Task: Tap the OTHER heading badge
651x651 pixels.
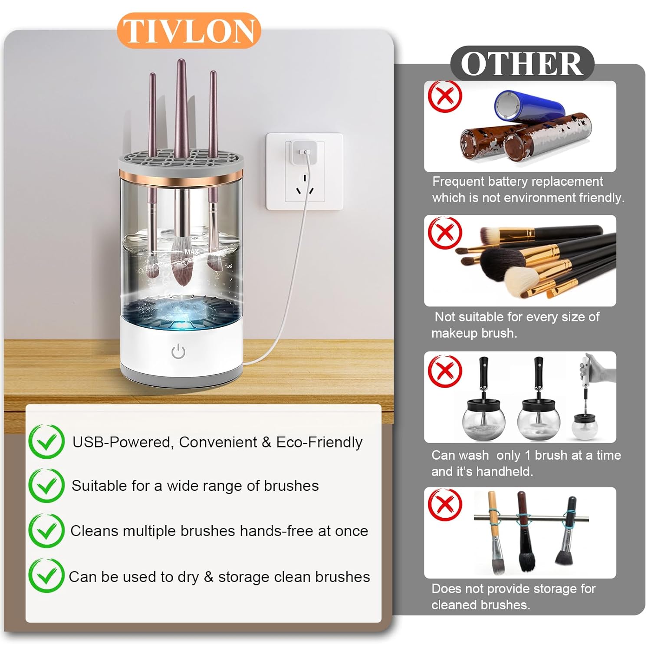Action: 522,63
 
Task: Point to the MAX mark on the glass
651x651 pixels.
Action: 191,252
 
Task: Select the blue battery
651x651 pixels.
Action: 529,106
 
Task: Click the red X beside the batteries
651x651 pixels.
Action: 445,96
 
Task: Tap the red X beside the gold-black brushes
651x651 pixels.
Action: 445,233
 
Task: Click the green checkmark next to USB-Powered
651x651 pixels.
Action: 46,441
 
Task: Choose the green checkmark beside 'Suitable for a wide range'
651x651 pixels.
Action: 46,486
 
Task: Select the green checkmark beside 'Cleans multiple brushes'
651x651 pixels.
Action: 46,531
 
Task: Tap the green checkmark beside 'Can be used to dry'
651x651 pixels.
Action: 46,575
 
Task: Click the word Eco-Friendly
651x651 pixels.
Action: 319,442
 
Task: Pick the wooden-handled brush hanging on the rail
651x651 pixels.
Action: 495,532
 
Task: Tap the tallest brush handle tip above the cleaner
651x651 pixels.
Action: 181,61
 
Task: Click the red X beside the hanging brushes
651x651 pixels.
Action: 445,504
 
